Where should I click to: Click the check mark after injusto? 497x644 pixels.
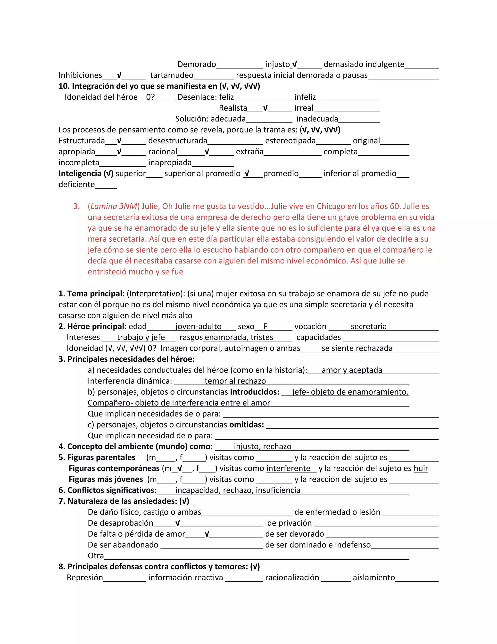[294, 64]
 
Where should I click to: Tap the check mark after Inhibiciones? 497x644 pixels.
[119, 75]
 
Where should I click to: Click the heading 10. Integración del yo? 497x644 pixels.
[159, 86]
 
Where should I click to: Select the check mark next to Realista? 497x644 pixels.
[265, 108]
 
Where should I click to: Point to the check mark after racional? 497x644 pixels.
[207, 152]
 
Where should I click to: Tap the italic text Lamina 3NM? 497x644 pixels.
[114, 206]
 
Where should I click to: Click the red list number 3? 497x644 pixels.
[76, 206]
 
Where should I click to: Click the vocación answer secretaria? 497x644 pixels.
[368, 326]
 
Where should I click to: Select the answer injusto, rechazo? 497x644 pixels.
[262, 446]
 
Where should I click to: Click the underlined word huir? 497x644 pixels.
[421, 468]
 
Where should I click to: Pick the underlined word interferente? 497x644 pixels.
[288, 468]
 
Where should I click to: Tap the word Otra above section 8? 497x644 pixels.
[96, 556]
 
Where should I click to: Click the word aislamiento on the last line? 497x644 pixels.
[374, 577]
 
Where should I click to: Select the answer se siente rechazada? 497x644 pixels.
[357, 348]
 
